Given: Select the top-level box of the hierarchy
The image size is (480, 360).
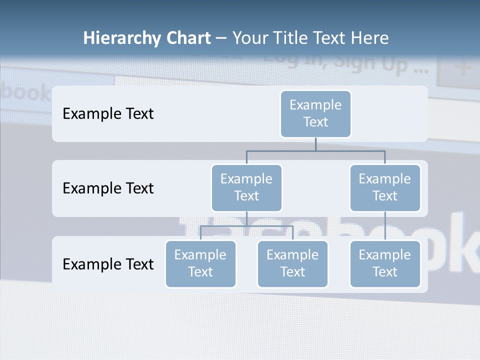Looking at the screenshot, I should (315, 113).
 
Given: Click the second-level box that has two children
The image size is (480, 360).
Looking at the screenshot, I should (246, 187).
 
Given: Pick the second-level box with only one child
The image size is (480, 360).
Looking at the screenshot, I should (385, 187).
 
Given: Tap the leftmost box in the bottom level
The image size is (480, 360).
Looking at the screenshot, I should (200, 263).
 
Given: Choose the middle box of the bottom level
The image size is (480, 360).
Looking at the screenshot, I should (292, 263).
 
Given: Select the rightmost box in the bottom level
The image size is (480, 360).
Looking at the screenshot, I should (385, 263).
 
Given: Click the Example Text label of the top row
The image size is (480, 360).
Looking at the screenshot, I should (108, 114).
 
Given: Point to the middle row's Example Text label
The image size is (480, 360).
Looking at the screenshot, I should (108, 188).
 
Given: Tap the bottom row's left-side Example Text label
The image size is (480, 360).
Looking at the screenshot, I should (108, 264).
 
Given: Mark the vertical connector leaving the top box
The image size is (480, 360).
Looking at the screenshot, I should (315, 144).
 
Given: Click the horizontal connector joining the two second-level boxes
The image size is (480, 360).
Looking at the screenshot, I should (315, 150).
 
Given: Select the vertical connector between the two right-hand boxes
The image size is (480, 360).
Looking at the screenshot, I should (385, 225).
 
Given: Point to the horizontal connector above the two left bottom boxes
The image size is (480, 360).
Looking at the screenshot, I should (246, 226).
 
